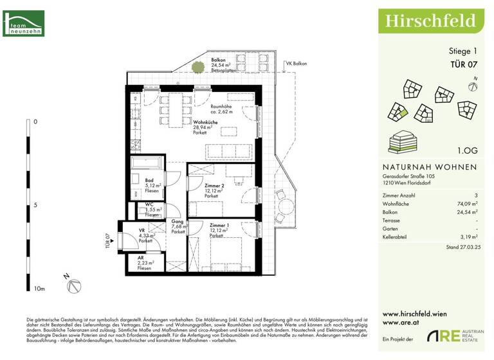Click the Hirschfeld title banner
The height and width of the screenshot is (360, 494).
[x=430, y=20]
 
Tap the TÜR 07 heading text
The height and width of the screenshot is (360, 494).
[x=463, y=64]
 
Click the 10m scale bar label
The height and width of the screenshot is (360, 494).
[x=39, y=289]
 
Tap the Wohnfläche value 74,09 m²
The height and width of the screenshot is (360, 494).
[x=465, y=203]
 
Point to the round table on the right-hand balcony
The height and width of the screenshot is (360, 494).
[x=284, y=207]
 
